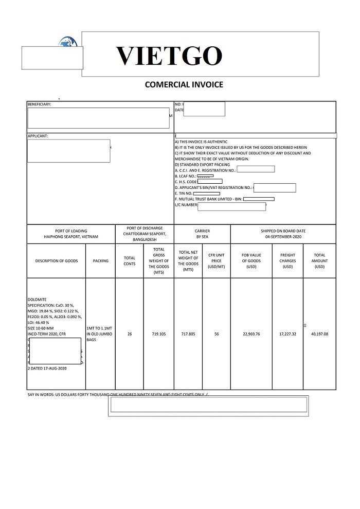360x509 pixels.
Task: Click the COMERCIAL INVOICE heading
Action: (184, 84)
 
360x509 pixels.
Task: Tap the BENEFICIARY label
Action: (40, 104)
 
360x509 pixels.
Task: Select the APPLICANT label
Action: (38, 136)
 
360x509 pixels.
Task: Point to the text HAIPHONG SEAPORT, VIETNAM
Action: (71, 237)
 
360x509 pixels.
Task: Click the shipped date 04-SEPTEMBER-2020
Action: (283, 237)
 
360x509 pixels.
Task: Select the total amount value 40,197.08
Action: (319, 334)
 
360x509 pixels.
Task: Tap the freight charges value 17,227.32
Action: (287, 334)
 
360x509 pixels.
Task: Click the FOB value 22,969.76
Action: (251, 334)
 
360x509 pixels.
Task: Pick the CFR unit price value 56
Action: (217, 334)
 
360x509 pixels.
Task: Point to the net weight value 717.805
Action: (188, 334)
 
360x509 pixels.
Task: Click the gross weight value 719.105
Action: (159, 334)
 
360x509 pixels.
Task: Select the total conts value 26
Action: (130, 334)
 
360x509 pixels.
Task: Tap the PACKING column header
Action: (101, 261)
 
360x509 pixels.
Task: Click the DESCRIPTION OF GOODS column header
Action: (57, 261)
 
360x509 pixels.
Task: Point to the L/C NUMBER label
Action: (186, 205)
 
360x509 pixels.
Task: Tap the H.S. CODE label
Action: (186, 182)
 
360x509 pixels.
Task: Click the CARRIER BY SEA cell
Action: (202, 234)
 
